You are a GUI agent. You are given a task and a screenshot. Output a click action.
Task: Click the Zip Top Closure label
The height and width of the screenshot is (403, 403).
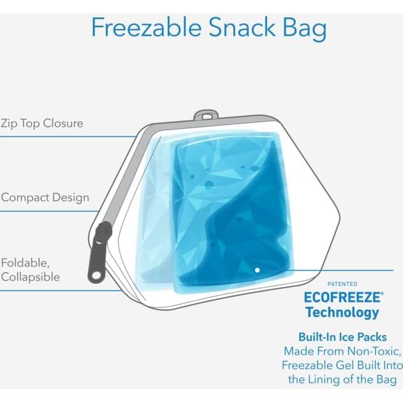42,123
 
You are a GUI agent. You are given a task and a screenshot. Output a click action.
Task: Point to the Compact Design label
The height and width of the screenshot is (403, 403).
45,198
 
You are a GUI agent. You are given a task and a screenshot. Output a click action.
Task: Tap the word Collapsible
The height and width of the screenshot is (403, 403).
30,277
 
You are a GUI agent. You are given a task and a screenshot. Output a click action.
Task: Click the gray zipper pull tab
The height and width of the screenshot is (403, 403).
98,255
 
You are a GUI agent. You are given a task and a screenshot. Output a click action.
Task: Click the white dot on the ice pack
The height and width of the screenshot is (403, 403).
257,270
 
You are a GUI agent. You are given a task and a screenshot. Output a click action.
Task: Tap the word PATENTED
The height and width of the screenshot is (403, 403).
342,284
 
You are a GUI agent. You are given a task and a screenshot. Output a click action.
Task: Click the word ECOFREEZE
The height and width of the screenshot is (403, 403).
342,297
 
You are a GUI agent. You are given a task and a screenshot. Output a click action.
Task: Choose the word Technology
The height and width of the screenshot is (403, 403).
342,312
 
